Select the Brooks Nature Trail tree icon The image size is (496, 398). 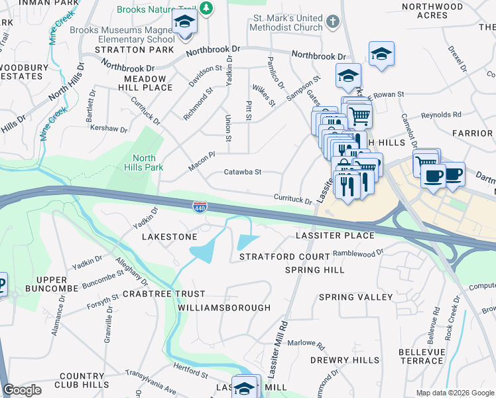point(207,8)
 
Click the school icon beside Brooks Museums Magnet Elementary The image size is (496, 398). point(185,24)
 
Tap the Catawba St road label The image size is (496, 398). point(242,172)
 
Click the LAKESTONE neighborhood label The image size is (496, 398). point(169,236)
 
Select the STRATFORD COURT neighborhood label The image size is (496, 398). point(284,256)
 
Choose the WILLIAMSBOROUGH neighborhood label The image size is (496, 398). point(224,308)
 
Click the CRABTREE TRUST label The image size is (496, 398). point(163,293)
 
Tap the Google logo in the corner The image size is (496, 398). point(22,390)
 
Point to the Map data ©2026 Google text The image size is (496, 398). point(455,393)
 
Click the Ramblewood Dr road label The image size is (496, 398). point(358,252)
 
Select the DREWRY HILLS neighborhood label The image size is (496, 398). point(345,360)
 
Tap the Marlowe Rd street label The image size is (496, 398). point(306,345)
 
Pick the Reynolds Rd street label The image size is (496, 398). point(441,115)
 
